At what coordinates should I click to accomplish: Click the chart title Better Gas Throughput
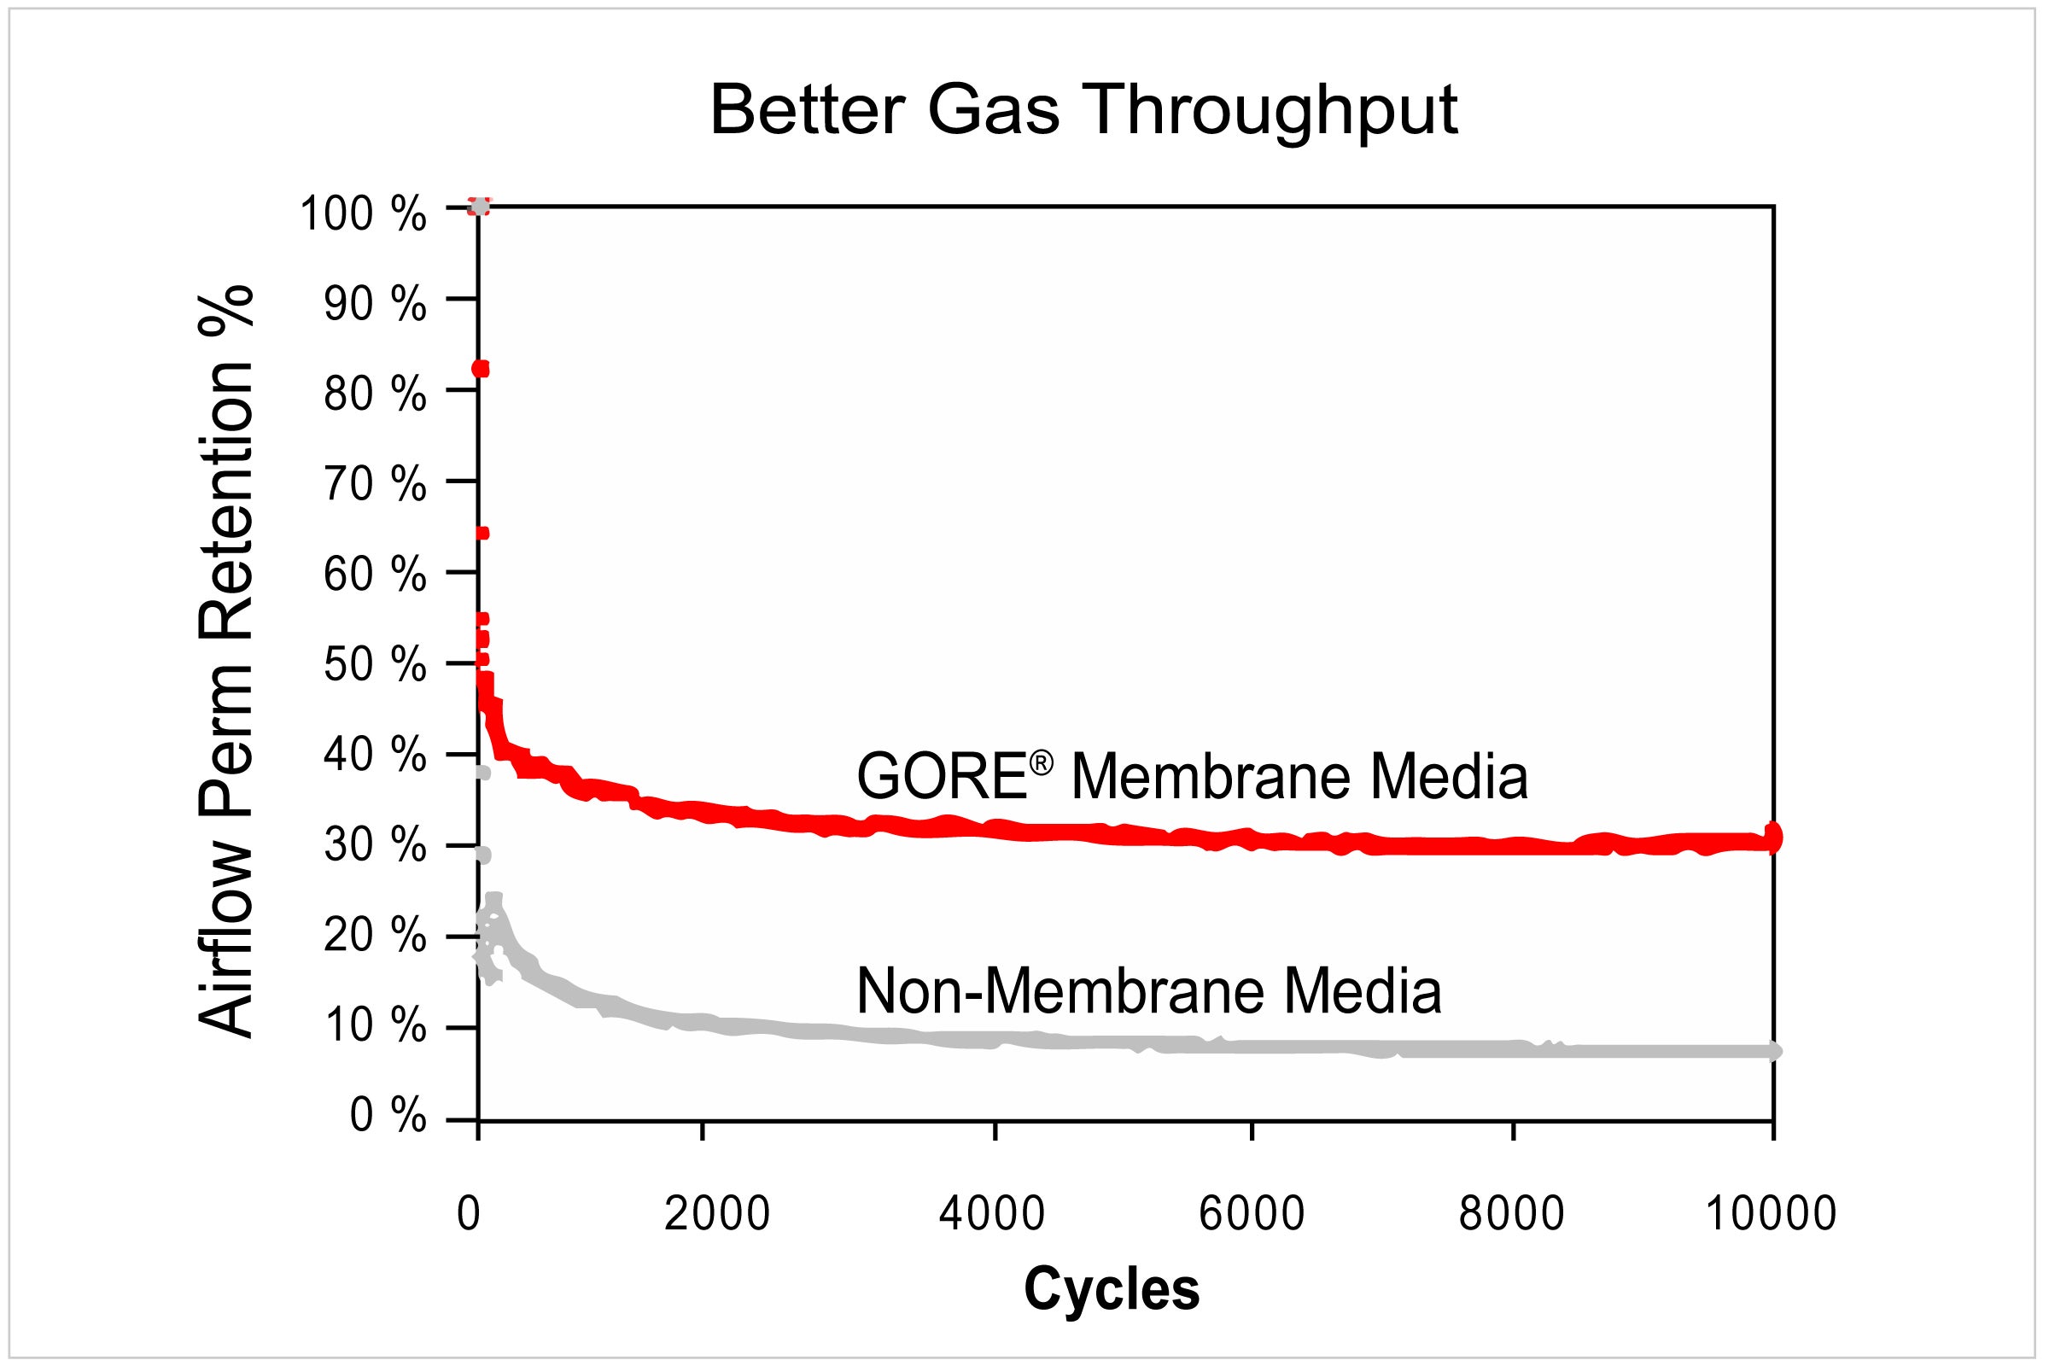point(1083,111)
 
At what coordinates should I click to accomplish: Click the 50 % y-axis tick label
point(376,667)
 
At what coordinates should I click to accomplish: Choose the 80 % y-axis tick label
point(376,394)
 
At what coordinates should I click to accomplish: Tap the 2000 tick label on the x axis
point(717,1213)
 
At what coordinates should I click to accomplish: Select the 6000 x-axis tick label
point(1252,1213)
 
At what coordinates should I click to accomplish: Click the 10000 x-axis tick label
point(1771,1213)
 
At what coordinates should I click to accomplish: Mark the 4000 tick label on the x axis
point(991,1213)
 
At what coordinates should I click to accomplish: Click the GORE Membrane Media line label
point(1192,776)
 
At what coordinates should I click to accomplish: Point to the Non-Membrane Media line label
point(1149,990)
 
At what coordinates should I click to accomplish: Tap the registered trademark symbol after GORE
point(1041,763)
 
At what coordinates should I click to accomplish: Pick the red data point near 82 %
point(480,370)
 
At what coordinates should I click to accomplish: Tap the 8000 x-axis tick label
point(1511,1213)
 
